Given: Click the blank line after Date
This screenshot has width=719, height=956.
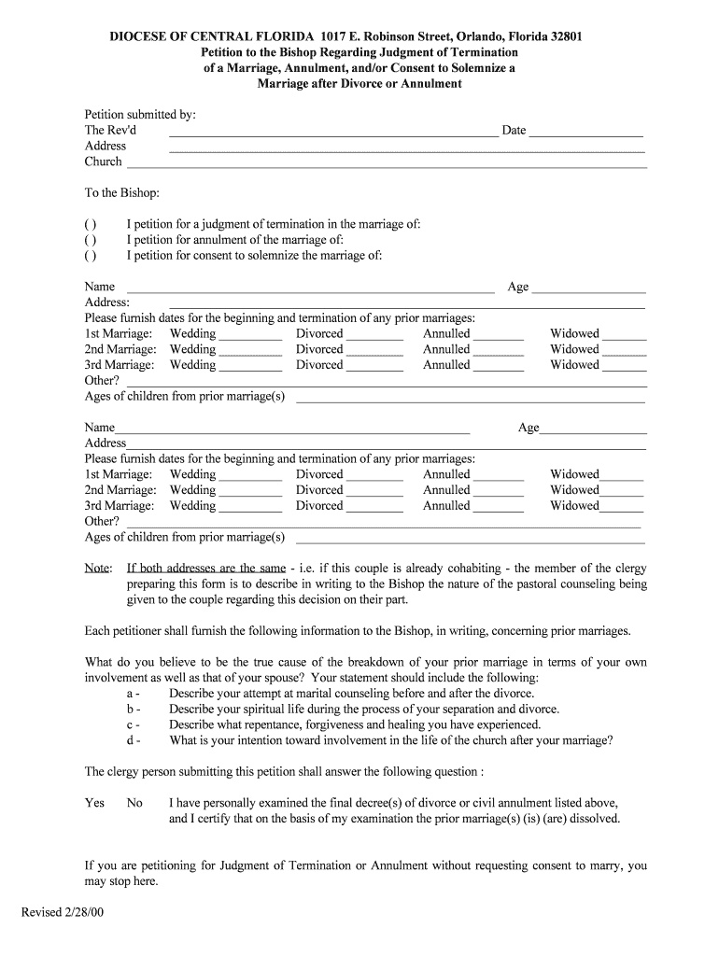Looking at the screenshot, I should click(586, 132).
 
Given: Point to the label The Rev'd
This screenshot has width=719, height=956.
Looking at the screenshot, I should click(110, 131).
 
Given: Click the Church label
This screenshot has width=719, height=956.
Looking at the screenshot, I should click(104, 162).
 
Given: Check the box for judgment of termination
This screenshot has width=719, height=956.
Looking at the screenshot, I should click(90, 225).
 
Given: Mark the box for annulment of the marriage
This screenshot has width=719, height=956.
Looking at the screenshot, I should click(90, 240).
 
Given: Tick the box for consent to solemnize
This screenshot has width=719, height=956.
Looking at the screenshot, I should click(90, 256).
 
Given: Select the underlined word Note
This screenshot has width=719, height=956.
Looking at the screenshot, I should click(97, 569).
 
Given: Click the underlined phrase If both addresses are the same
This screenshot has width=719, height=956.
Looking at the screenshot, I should click(206, 569).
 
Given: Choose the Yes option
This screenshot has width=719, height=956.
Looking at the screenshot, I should click(94, 803).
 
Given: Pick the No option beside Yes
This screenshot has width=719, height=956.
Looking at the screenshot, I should click(134, 803).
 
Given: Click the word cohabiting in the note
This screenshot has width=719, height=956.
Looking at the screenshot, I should click(467, 569).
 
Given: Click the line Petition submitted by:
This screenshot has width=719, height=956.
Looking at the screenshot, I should click(140, 115).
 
